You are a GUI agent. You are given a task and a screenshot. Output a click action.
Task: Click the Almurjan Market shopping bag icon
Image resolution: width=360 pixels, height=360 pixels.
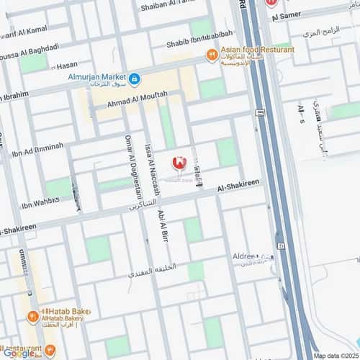pos(135,77)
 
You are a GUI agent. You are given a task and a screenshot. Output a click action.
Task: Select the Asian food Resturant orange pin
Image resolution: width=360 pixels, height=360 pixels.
pos(212,54)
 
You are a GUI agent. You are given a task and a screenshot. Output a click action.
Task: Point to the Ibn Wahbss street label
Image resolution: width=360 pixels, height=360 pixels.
pos(40,204)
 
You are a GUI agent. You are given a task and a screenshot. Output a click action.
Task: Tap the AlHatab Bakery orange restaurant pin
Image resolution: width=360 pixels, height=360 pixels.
pos(33,315)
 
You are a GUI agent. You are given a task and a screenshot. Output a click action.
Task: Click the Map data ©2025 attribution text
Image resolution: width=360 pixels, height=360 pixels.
pos(335,356)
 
